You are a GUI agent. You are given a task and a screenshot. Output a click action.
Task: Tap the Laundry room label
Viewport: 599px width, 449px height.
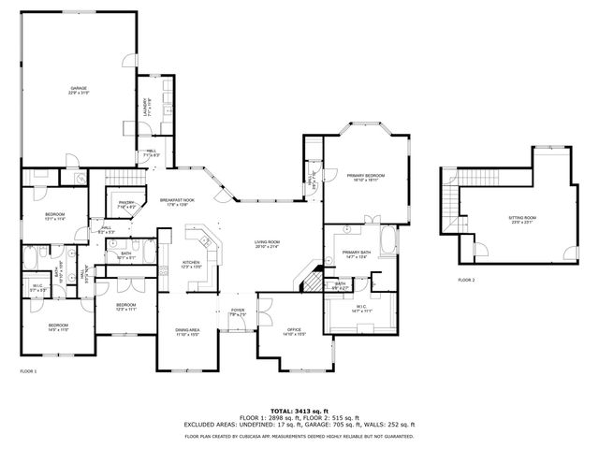click(145, 105)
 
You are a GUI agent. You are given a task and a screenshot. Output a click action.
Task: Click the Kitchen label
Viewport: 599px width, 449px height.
click(191, 264)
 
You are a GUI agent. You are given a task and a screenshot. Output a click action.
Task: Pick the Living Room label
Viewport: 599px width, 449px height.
click(268, 244)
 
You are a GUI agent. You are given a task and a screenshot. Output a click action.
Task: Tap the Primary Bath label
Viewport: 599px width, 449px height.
click(357, 254)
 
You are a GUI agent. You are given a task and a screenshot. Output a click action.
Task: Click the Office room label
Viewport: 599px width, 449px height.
click(294, 331)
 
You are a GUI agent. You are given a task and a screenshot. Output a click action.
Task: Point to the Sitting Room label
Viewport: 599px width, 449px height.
click(521, 219)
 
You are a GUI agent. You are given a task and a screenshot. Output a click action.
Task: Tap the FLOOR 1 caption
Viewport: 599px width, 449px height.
click(28, 371)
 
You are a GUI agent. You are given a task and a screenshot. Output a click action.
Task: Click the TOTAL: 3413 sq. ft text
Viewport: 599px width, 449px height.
click(299, 410)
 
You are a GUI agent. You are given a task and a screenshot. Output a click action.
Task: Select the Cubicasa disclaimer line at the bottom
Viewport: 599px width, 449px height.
click(299, 436)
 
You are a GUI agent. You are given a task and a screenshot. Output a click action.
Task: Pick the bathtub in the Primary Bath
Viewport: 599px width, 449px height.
click(388, 242)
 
